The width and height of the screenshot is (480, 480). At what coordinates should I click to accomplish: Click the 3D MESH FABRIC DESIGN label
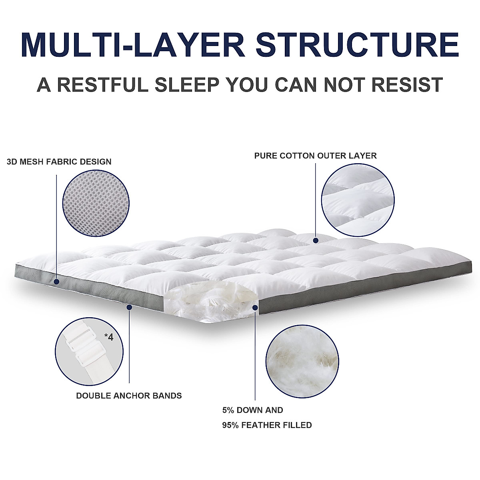click(x=59, y=162)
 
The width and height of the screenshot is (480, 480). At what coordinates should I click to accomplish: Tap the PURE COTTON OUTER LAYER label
click(x=315, y=156)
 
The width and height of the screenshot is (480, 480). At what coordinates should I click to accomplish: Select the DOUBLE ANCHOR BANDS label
click(x=129, y=396)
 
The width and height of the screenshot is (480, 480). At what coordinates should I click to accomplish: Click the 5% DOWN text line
click(x=252, y=410)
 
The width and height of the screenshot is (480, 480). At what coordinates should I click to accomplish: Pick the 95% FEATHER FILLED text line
click(x=267, y=425)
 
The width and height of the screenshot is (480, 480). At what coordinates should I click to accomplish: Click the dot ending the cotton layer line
click(x=316, y=241)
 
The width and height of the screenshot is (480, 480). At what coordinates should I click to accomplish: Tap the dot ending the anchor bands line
click(x=129, y=307)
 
